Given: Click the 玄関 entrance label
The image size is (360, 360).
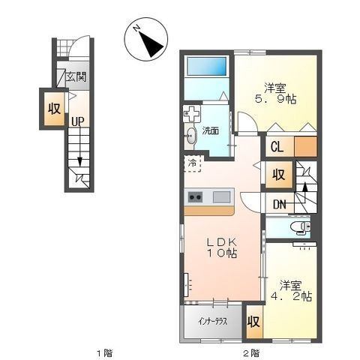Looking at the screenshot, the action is [76, 76].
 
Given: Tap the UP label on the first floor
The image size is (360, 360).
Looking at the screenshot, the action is [78, 121].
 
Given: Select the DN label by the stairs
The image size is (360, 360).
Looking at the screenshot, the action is [280, 205].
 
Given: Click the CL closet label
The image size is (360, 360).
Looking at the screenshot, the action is [277, 147].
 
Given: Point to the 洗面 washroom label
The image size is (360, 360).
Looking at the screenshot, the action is [211, 130].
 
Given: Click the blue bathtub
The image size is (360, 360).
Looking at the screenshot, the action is [207, 66].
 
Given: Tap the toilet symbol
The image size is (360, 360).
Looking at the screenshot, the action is [301, 227].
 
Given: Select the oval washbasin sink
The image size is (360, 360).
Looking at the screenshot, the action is [191, 136].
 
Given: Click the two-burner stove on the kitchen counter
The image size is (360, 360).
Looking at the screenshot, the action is [195, 197].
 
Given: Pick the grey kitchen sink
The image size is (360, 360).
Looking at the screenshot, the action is [222, 196].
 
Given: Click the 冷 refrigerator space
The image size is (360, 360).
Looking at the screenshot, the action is [193, 163].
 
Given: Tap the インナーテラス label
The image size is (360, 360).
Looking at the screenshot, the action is [213, 322].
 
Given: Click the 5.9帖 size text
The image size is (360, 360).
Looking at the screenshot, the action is [275, 99].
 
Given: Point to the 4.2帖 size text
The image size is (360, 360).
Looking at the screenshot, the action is [291, 296].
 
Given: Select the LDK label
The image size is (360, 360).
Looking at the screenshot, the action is [221, 241].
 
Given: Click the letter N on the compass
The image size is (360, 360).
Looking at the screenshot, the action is [136, 28].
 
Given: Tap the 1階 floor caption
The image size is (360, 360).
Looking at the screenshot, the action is [104, 353].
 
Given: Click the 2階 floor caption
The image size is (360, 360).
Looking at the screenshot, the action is [251, 353].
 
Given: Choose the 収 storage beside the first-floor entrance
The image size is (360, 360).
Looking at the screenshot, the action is [55, 109].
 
